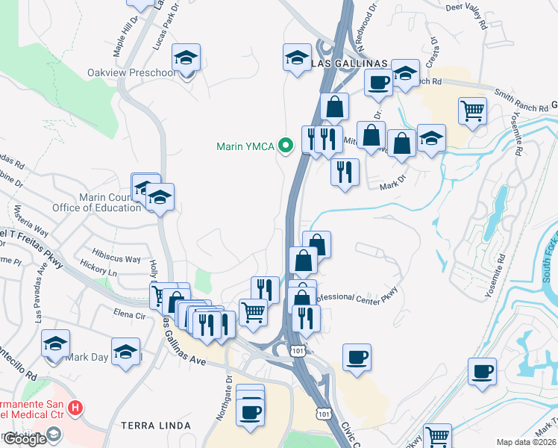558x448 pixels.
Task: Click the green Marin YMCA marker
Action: tap(284, 145)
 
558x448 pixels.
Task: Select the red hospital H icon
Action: tap(75, 408)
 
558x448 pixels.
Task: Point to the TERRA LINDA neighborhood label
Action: tap(156, 426)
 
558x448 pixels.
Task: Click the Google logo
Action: tap(25, 438)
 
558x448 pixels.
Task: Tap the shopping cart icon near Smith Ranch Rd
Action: tap(473, 111)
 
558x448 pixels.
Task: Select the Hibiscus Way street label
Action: tap(116, 259)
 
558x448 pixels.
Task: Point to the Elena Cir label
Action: tap(129, 314)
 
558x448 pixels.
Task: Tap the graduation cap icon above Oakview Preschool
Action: tap(186, 57)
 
